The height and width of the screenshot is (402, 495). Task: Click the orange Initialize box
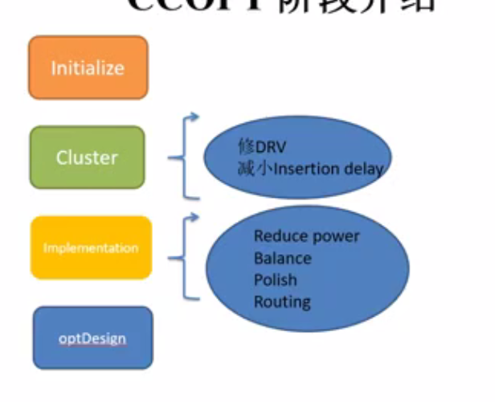(x=88, y=68)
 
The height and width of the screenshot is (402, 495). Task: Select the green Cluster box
(x=87, y=158)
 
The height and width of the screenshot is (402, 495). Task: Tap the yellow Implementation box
(x=91, y=248)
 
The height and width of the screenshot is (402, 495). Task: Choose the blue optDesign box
(x=92, y=338)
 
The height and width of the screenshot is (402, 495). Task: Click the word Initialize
(x=88, y=68)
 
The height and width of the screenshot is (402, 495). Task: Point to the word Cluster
(x=87, y=158)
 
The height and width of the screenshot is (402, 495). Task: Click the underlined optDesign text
(x=92, y=338)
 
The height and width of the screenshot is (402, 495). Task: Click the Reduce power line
(x=306, y=236)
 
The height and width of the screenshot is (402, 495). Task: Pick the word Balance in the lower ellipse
(x=282, y=258)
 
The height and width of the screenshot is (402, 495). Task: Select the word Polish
(x=275, y=280)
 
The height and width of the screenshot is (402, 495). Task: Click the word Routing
(x=282, y=301)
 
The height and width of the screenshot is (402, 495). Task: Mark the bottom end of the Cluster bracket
(x=198, y=196)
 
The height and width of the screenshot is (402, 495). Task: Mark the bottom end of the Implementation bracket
(x=198, y=297)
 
